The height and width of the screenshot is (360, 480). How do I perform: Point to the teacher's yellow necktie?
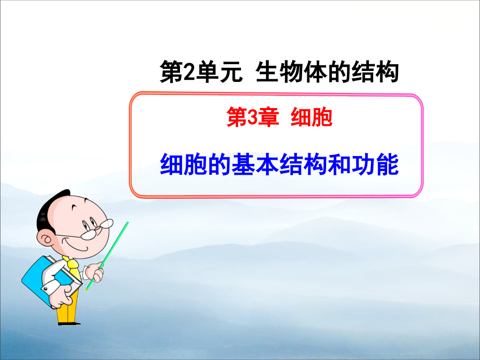click(x=74, y=267)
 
